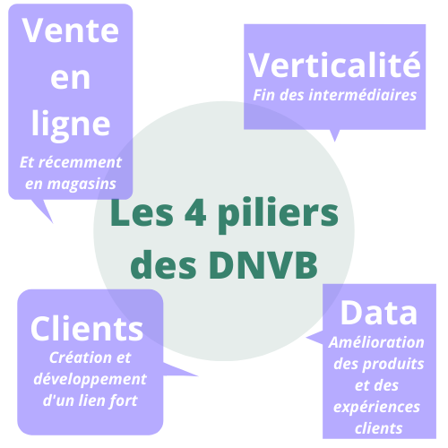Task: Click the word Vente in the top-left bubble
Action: [71, 30]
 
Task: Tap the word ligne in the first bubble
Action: [71, 125]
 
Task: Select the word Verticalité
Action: [334, 65]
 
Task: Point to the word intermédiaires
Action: [363, 95]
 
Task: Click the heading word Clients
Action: [87, 328]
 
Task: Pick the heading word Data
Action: [379, 313]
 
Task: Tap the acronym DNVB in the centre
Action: [263, 265]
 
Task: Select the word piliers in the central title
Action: [279, 215]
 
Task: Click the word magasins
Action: [82, 184]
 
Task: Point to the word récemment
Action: [80, 162]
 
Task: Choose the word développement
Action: [90, 380]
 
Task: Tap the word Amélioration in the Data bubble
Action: [376, 342]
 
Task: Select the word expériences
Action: [376, 408]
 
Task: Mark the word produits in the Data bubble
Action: [393, 365]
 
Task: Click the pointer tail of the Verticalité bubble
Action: [335, 135]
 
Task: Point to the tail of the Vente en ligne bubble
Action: [44, 210]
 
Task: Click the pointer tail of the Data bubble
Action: [315, 339]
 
